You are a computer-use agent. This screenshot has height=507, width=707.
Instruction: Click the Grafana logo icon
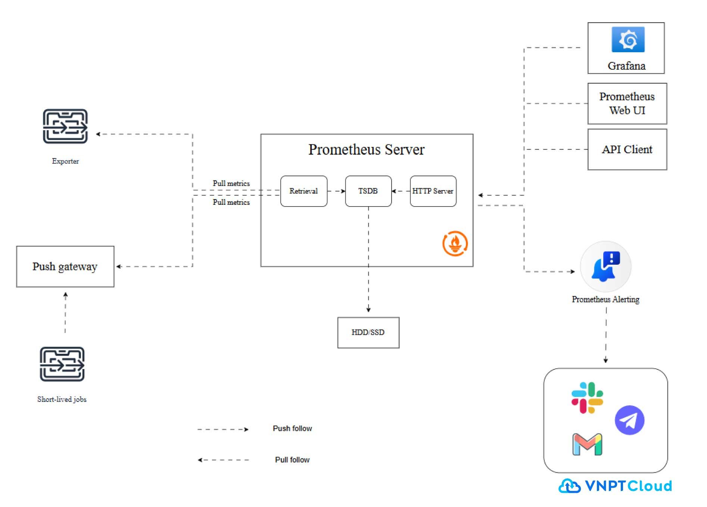628,40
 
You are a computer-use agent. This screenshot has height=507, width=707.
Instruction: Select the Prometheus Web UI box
627,104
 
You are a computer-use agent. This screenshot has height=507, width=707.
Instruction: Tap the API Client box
627,149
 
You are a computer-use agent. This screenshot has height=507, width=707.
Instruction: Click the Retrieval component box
304,191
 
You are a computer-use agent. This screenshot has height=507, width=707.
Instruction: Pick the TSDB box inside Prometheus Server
368,191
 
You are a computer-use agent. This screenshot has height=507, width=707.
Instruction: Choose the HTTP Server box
433,191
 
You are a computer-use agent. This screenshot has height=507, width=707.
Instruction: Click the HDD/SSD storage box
368,333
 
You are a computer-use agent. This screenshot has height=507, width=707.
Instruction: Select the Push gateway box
65,267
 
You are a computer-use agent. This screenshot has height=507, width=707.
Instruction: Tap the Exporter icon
65,126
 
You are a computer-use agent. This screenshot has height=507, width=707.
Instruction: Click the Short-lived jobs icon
62,364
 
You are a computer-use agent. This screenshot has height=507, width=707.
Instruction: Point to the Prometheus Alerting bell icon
605,267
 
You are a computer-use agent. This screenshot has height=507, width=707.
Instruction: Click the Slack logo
587,398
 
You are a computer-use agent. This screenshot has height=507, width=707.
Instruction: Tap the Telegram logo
630,420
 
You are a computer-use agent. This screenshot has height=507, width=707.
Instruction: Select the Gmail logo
587,444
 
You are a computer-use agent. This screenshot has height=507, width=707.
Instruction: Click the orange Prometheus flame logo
455,243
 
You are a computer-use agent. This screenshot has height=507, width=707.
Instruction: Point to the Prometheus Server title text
367,149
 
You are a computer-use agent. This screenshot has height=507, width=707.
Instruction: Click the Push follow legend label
292,428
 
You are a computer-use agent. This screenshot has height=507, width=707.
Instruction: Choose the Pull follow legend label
292,460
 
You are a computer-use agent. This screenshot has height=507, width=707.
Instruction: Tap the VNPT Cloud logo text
628,486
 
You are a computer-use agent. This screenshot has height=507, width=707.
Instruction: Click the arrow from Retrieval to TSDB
336,191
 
